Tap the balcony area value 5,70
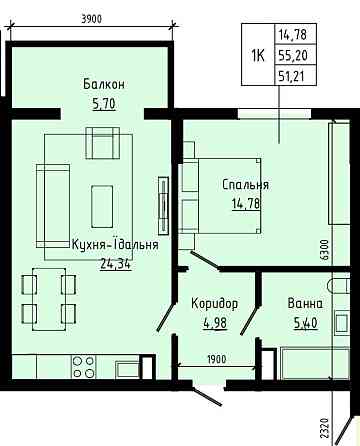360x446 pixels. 104,104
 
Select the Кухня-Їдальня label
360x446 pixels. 115,244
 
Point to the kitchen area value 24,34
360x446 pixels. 115,264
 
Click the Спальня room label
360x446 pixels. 245,185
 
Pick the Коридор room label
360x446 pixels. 215,303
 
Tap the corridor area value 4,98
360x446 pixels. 215,323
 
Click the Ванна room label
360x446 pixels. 305,304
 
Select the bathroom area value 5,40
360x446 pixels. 305,323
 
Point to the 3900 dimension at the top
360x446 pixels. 91,19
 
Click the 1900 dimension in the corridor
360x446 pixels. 217,359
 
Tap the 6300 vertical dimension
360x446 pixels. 325,250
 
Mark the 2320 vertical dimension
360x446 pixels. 325,429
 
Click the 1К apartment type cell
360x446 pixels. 258,55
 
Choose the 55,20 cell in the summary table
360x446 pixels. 292,55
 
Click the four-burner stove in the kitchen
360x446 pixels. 83,367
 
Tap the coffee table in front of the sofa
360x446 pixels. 102,207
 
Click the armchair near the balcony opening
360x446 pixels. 103,143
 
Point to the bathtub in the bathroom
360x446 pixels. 315,363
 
